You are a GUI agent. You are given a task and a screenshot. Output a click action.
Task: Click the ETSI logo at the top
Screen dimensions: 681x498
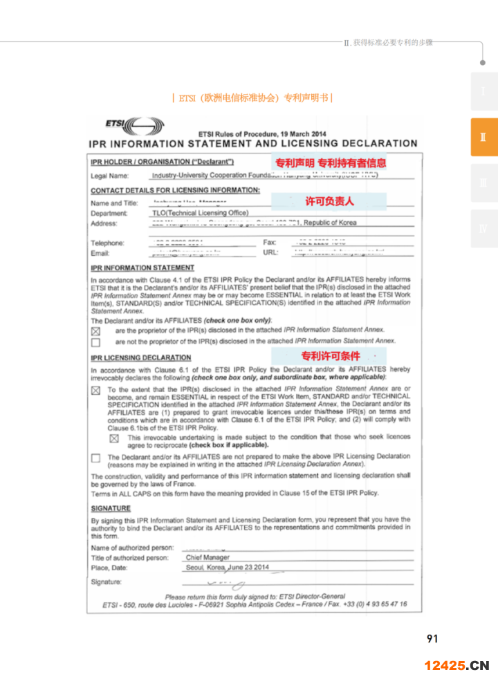coord(134,127)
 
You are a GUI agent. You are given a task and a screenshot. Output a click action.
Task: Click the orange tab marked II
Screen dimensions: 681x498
coord(483,138)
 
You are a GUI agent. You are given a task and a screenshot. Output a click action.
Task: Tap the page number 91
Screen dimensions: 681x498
coord(432,639)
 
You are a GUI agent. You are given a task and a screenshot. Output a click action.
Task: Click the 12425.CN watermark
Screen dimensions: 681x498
coord(456,666)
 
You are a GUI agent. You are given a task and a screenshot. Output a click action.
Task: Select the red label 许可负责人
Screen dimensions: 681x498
coord(329,201)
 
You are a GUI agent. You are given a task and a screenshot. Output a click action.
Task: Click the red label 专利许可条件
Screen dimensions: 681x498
coord(330,356)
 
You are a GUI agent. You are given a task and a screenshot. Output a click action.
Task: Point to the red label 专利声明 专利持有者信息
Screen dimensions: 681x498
coord(331,163)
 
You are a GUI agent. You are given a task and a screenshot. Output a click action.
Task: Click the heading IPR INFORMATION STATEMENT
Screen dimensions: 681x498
coord(142,268)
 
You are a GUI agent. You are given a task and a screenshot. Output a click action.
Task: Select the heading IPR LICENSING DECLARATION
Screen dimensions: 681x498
coord(141,357)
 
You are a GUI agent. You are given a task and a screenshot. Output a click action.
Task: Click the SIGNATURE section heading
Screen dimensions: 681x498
coord(111,508)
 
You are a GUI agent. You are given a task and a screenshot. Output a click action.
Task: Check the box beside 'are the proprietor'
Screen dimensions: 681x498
coord(95,331)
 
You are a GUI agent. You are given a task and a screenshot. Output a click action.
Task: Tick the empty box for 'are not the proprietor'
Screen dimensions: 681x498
coord(95,342)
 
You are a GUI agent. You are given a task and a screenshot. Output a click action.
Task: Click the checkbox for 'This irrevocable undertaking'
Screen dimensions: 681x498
coord(114,438)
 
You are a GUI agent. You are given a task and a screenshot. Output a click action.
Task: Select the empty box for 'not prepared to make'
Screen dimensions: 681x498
coord(95,458)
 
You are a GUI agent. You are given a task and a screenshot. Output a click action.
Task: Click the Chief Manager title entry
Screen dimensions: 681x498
coord(207,557)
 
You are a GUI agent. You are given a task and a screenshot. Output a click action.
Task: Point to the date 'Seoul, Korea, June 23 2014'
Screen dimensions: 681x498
coord(227,568)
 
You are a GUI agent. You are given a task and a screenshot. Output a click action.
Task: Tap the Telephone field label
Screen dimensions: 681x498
coord(108,243)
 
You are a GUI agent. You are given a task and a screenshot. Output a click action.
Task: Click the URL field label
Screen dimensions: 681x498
coord(270,252)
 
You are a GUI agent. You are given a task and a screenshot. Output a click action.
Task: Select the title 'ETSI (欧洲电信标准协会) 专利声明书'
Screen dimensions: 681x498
coord(252,98)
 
